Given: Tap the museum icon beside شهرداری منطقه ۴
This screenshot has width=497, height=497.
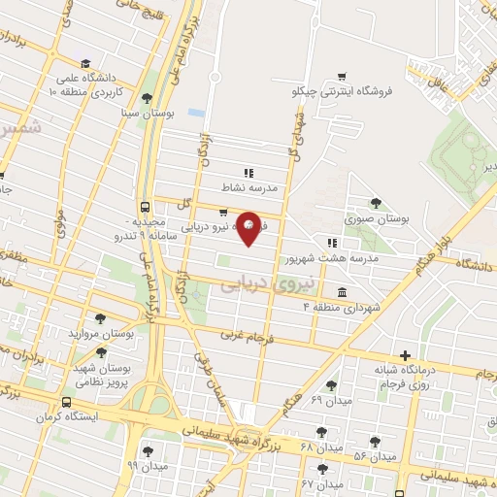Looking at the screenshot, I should click(x=341, y=292).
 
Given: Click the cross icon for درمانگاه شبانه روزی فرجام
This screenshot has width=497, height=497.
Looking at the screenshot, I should click(x=405, y=355).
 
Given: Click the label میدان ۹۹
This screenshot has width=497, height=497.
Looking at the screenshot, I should click(x=148, y=466).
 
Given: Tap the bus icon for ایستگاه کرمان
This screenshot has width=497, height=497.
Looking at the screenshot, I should click(x=66, y=403).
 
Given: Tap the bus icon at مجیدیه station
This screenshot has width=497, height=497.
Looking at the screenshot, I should click(x=145, y=207).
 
